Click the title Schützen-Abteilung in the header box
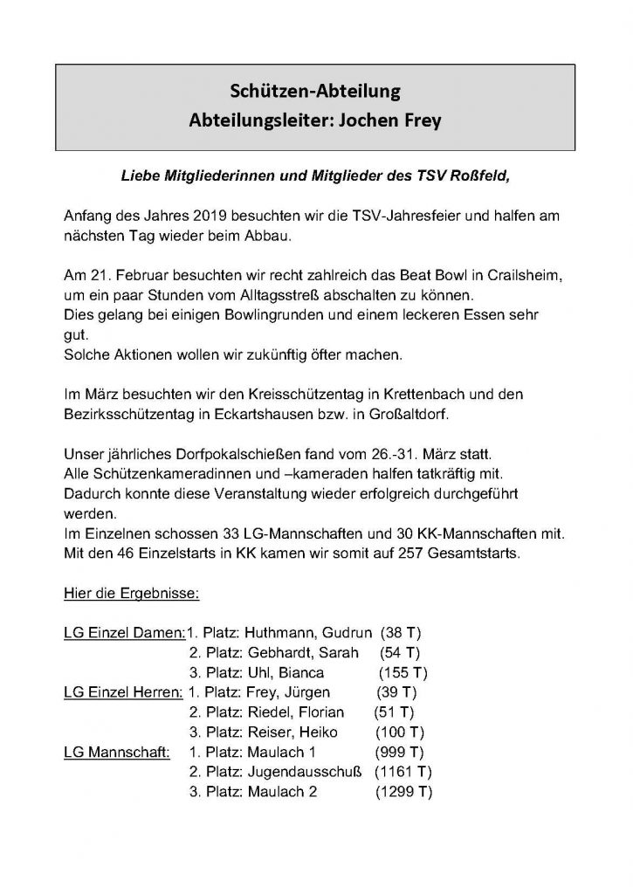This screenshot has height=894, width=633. (315, 90)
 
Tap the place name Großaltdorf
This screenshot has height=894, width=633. (381, 414)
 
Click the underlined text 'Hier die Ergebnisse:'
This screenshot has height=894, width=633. (132, 594)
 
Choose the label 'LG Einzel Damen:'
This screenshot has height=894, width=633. (125, 633)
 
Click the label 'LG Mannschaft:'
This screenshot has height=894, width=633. (117, 752)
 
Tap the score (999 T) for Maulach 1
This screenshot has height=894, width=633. (399, 752)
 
